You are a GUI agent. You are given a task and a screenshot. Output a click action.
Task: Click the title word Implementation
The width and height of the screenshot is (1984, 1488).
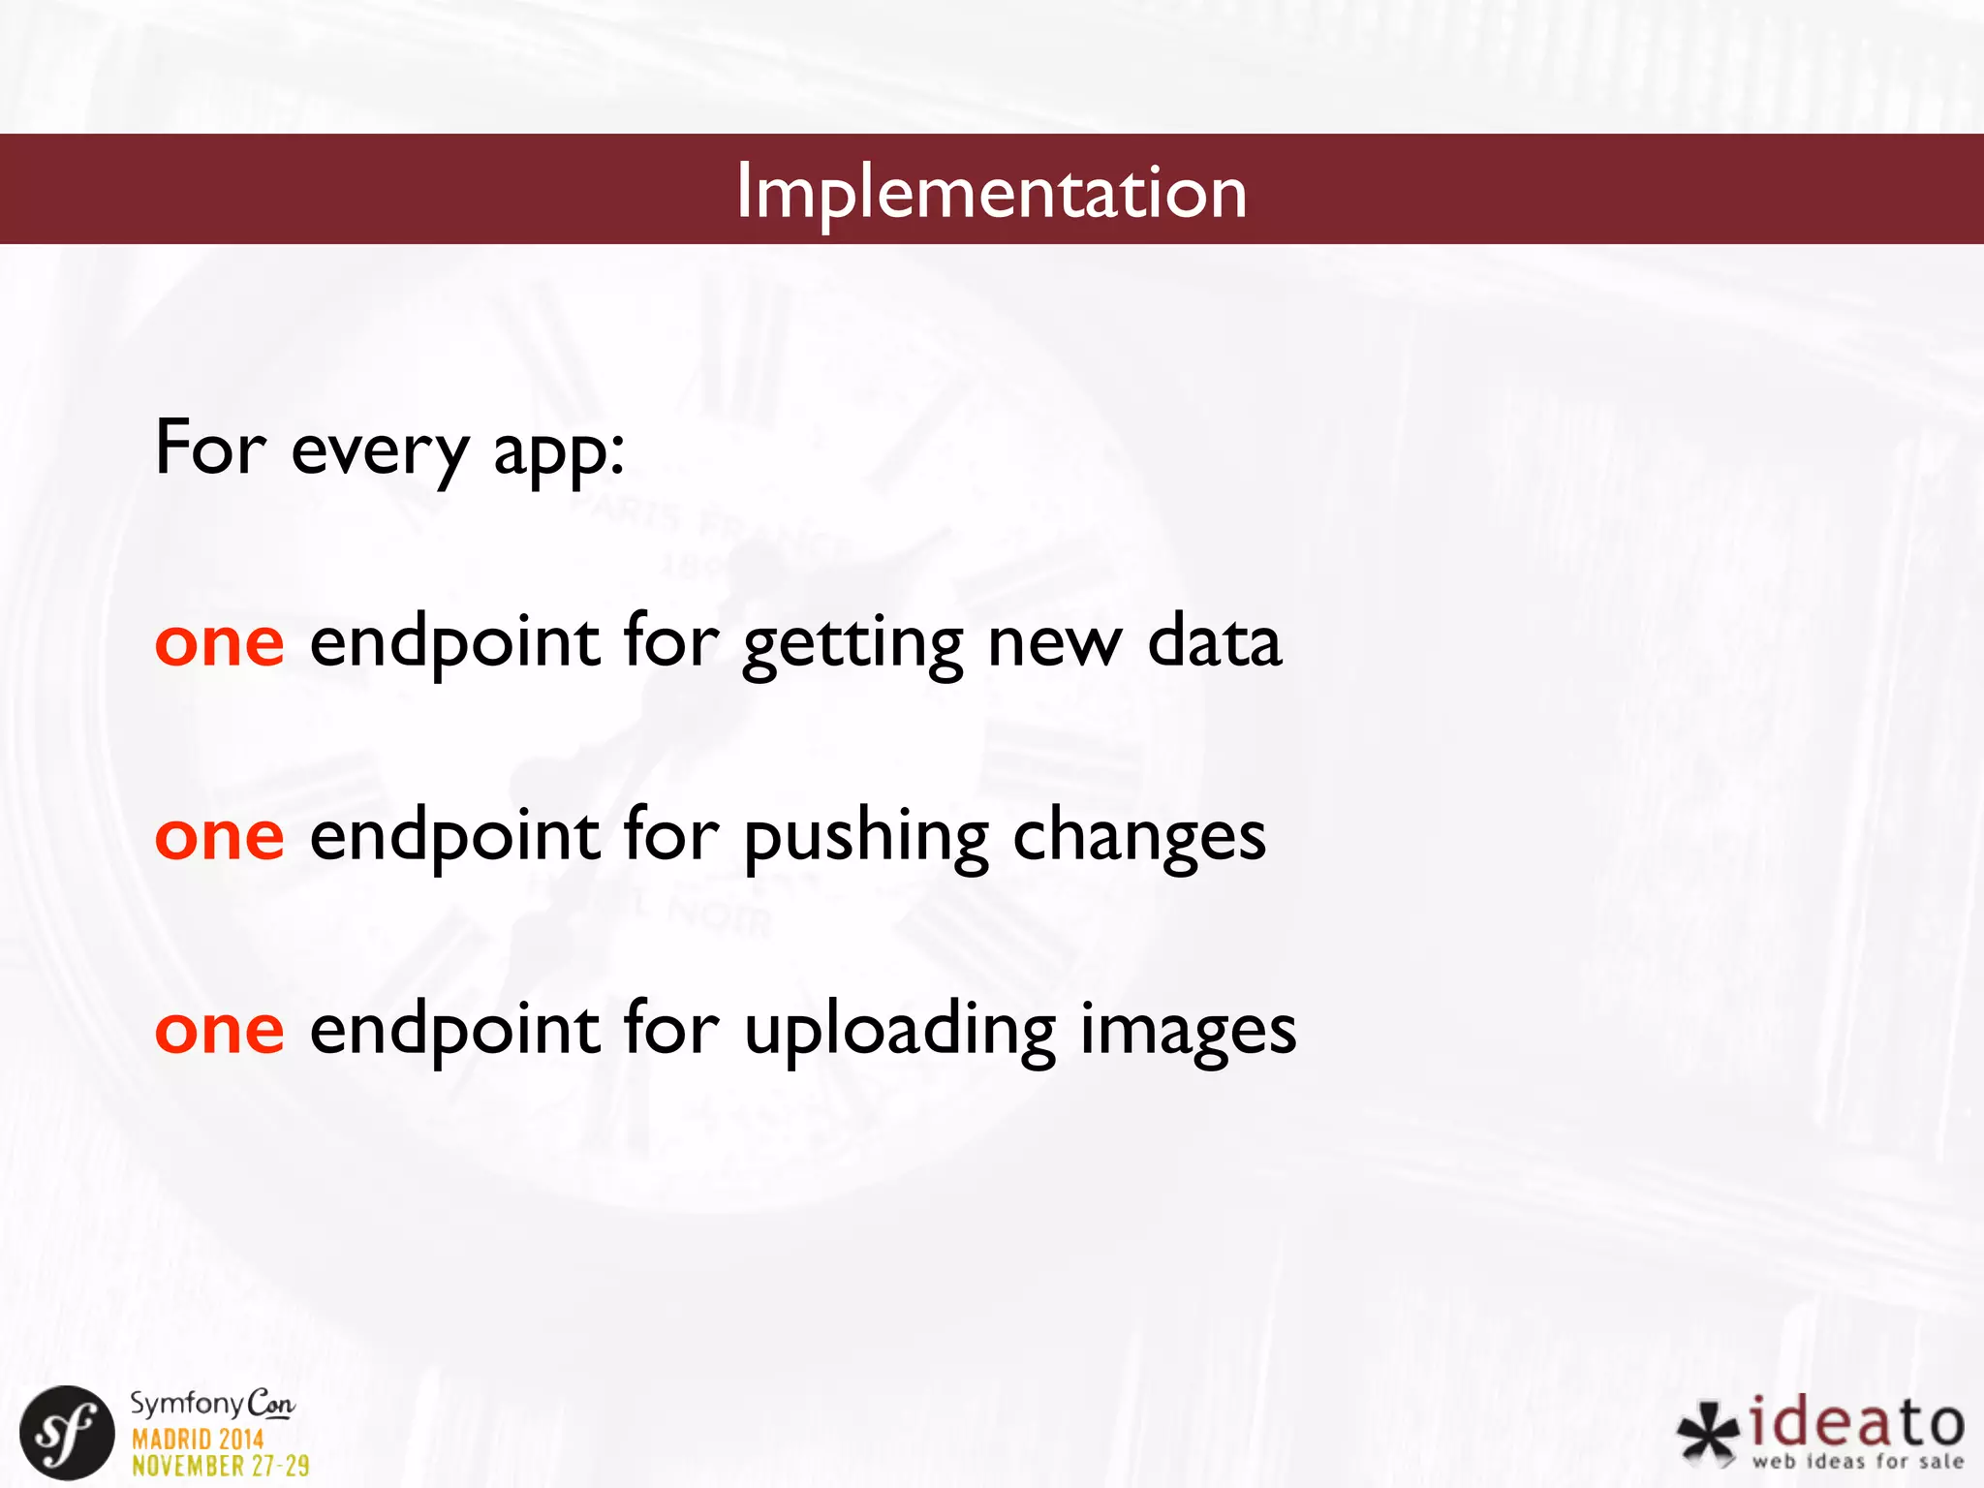[991, 192]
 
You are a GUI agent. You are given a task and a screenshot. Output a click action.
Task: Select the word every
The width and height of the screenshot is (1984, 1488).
[380, 451]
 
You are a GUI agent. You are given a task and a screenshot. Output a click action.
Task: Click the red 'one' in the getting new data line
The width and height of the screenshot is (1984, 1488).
[220, 642]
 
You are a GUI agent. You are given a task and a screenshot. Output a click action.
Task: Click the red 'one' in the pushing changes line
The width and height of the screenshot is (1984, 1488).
[220, 836]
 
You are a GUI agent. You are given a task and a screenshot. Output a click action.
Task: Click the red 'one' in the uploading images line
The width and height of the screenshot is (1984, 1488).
[220, 1030]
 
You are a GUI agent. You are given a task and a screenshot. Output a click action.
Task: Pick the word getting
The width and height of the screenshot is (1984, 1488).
[852, 644]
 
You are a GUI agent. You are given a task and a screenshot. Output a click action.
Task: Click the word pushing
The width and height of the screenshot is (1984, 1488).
[866, 838]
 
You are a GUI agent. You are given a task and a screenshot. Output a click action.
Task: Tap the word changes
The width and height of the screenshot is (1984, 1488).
[1139, 838]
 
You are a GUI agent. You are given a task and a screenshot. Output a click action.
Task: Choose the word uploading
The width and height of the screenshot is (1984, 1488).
[899, 1032]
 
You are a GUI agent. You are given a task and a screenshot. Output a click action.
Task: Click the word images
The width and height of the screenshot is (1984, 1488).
[1188, 1032]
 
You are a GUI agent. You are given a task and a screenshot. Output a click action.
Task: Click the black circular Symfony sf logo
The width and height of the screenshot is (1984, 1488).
[67, 1433]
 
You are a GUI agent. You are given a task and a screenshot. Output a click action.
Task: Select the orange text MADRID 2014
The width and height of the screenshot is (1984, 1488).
[198, 1439]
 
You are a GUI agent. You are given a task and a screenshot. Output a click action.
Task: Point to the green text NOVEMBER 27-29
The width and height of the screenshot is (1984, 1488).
[221, 1466]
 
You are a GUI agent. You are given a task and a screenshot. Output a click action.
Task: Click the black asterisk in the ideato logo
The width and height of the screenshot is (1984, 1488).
[1708, 1433]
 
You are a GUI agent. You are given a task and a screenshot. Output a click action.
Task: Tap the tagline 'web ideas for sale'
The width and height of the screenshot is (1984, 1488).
[1857, 1461]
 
